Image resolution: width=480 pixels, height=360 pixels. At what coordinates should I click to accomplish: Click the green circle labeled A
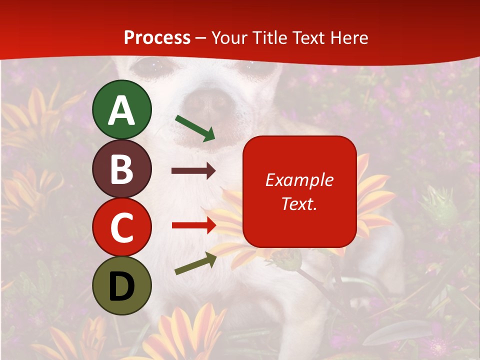click(x=122, y=109)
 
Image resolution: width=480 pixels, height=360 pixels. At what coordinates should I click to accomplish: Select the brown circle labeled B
click(x=122, y=168)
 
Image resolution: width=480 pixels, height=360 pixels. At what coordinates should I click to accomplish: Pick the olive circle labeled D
click(x=122, y=285)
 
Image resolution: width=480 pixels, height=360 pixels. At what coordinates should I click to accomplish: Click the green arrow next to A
click(x=195, y=128)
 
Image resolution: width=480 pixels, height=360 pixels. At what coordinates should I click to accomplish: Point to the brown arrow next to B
click(x=193, y=171)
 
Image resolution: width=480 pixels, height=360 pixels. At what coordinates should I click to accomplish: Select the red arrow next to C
click(x=194, y=225)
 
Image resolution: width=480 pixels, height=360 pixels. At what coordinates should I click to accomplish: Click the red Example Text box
click(x=299, y=191)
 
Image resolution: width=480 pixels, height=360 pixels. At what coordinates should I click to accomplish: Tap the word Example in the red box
click(x=299, y=180)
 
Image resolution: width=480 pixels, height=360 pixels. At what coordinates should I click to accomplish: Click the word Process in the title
click(x=157, y=38)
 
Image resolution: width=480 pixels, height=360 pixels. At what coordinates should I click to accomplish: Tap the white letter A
click(x=122, y=110)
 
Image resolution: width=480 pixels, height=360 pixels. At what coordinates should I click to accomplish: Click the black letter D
click(x=122, y=286)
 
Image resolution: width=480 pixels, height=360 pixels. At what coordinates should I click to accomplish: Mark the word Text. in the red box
click(x=299, y=204)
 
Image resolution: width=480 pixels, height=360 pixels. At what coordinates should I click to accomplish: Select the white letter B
click(x=122, y=169)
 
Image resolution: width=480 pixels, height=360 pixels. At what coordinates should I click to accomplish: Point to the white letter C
click(x=122, y=227)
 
